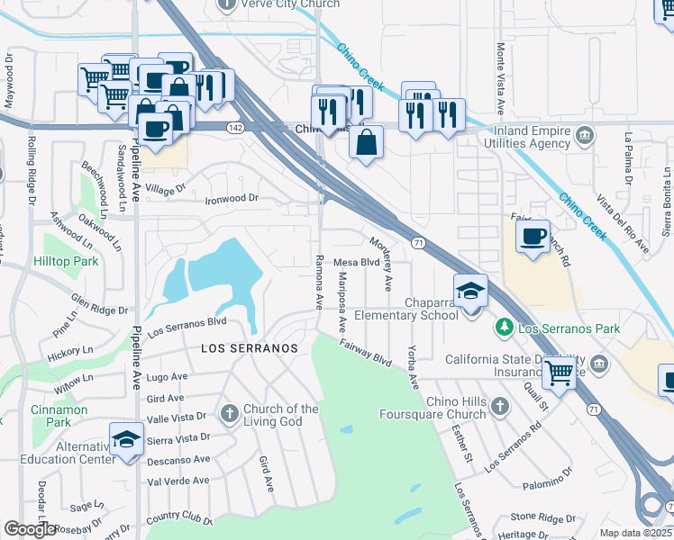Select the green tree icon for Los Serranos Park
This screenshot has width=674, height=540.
coord(506,329)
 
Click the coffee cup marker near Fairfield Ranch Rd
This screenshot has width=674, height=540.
coord(533,237)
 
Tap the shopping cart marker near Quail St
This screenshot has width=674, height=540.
coord(560,372)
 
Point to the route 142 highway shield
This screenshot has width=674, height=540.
coord(235,129)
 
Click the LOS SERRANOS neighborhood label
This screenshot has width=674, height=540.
coord(237,347)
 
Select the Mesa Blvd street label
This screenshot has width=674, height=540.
coord(355,262)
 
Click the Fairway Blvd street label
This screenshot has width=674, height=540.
coord(367,352)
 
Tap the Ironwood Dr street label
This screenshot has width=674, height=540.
coord(232,198)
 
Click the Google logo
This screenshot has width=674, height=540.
coord(30,529)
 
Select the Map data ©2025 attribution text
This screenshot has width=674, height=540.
coord(636,533)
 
